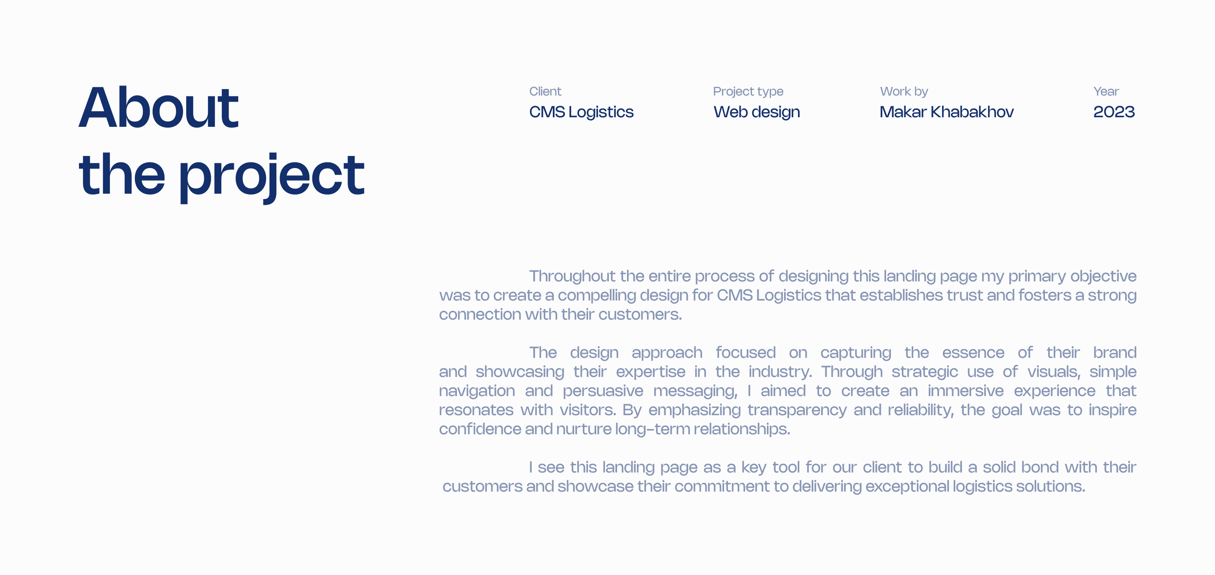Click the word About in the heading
158,107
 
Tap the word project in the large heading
271,178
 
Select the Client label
545,91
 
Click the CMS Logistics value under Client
581,112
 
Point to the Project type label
748,92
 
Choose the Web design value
756,112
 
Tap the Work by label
904,92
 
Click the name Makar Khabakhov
947,112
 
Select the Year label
1106,91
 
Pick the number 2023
1114,112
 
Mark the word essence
973,353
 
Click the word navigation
477,391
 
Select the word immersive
965,391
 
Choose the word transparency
797,410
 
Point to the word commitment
722,486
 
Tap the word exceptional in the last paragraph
907,487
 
